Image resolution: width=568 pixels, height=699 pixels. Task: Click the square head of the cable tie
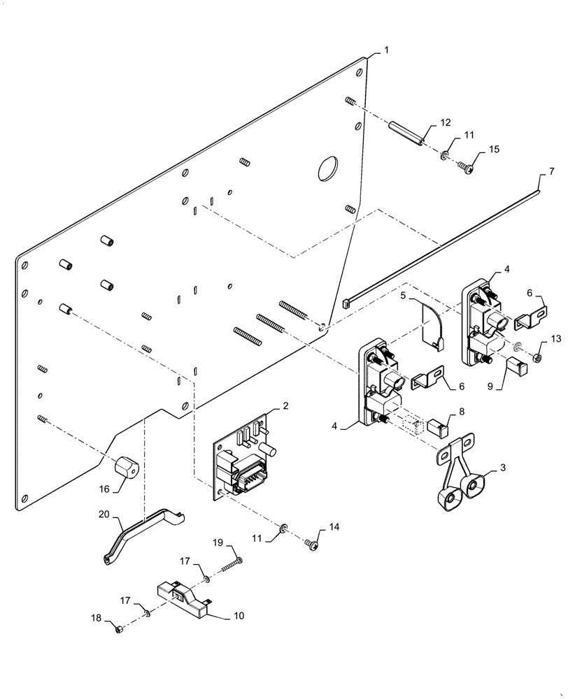[348, 303]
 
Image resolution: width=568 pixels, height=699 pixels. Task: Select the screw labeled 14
[313, 542]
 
